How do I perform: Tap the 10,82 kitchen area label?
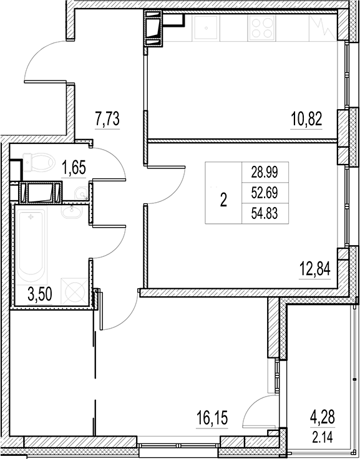pyautogui.click(x=306, y=118)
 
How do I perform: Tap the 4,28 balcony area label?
pyautogui.click(x=323, y=415)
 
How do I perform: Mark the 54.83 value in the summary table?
pyautogui.click(x=262, y=213)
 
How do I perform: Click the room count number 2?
pyautogui.click(x=224, y=200)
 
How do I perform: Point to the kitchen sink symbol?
pyautogui.click(x=204, y=28)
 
